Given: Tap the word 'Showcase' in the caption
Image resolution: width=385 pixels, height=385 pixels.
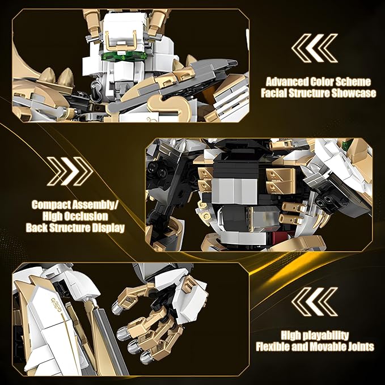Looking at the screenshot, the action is coord(354,94).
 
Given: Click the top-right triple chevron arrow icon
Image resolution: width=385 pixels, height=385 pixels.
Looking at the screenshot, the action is coord(315,48).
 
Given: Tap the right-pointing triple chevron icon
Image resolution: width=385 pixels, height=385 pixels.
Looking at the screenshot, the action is coord(70,171).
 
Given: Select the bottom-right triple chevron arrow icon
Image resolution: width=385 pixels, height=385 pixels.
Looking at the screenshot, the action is coord(315,302).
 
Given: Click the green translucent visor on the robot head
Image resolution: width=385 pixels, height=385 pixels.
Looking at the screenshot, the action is coord(124,57).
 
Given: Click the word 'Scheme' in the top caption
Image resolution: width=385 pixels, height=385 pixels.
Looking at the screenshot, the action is coord(353,82).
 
